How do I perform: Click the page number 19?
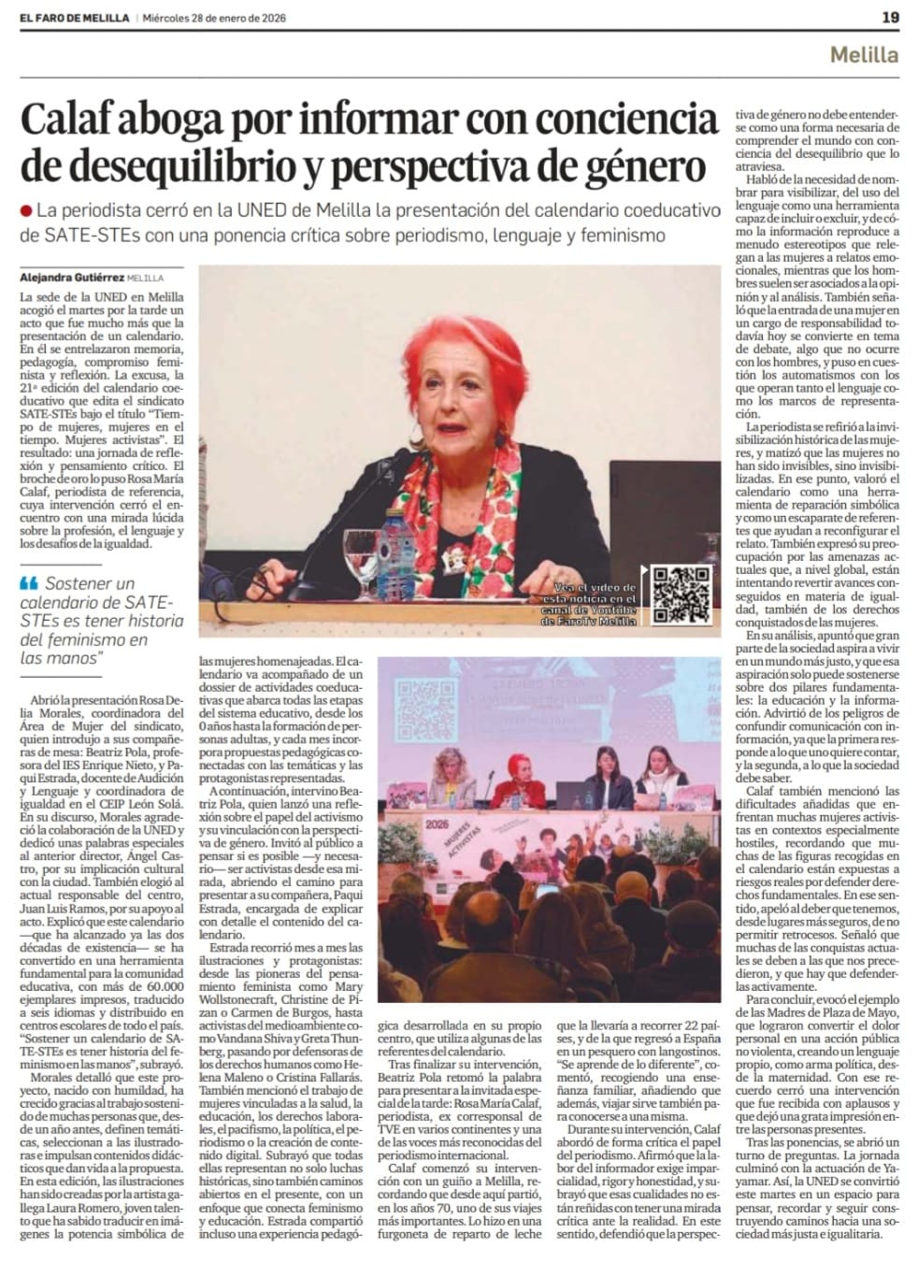pos(890,17)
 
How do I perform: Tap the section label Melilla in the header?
pos(864,54)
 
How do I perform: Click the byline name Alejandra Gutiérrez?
pos(71,277)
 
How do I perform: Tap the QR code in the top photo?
pos(681,595)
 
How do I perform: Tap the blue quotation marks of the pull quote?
pos(29,583)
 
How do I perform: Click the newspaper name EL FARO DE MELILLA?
pos(74,18)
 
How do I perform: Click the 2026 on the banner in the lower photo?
pos(436,825)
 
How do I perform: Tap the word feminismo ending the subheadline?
pos(624,236)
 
